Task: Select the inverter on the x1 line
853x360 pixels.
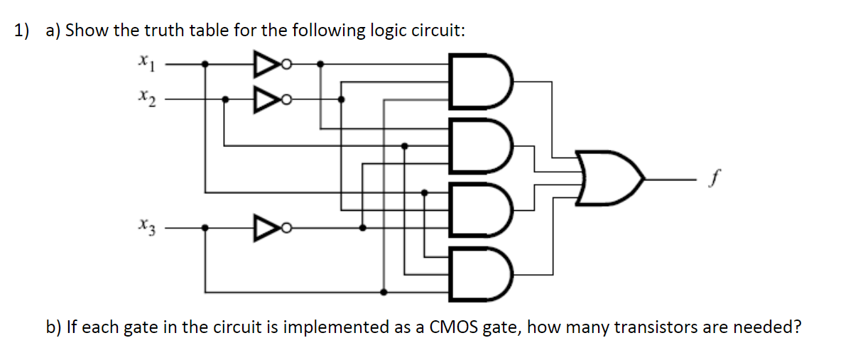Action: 263,65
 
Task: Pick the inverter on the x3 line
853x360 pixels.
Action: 263,228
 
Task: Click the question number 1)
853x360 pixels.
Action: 23,31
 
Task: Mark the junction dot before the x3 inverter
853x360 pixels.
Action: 205,228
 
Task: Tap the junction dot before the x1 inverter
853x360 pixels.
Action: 205,65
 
